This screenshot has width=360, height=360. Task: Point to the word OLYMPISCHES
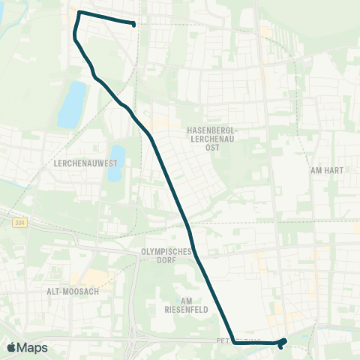coord(167,252)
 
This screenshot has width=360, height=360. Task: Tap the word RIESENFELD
coord(186,308)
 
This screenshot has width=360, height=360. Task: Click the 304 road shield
coord(19,223)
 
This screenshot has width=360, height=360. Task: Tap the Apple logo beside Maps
coord(11,347)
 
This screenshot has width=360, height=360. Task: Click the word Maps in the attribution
coord(33,347)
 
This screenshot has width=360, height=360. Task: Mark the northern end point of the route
coord(133,25)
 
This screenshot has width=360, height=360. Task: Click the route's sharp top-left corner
coord(79,13)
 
